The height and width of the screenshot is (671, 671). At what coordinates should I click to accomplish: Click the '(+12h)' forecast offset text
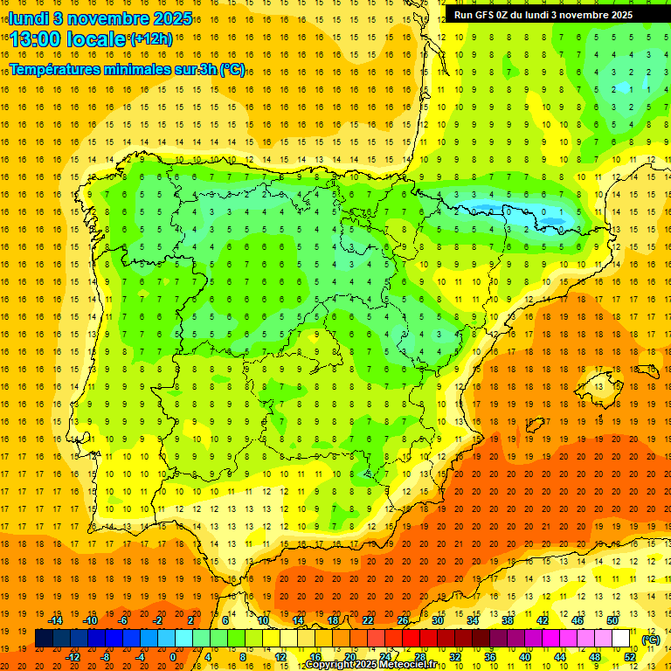pos(151,39)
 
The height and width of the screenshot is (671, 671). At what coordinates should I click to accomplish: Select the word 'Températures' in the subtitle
pos(57,69)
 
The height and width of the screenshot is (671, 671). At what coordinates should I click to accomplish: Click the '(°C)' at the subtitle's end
pos(232,69)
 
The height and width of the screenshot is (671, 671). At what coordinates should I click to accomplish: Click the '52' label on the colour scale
pos(630,657)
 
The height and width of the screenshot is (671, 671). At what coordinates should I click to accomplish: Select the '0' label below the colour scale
pos(173,657)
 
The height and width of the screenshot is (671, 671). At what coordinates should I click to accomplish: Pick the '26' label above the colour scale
pos(403,621)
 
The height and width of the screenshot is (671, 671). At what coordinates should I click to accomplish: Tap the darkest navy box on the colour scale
pos(45,639)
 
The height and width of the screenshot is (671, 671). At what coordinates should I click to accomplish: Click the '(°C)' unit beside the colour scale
pos(651,640)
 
